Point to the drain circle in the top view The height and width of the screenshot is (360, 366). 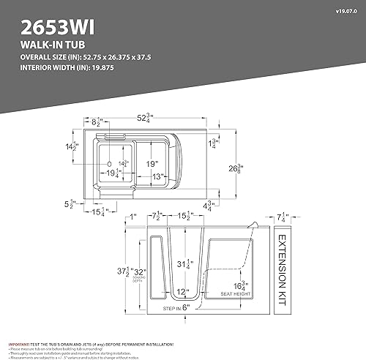[x=109, y=165]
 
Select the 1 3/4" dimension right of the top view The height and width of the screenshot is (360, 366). [x=213, y=143]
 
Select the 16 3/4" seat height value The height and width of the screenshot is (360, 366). [x=239, y=286]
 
